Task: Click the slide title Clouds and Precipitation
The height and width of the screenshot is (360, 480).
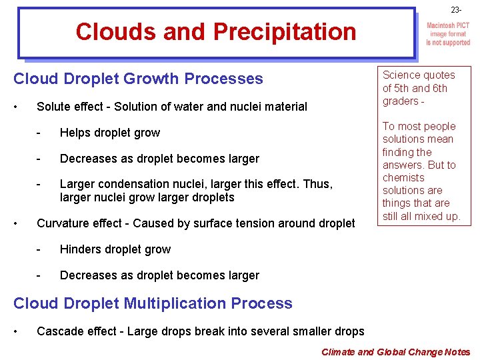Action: pyautogui.click(x=216, y=31)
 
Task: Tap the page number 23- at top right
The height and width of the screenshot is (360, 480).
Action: pyautogui.click(x=456, y=10)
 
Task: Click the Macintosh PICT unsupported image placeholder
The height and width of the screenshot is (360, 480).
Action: pyautogui.click(x=448, y=35)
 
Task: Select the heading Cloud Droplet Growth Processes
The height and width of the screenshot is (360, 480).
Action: pyautogui.click(x=139, y=79)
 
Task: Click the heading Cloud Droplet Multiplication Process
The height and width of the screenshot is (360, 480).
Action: pyautogui.click(x=153, y=303)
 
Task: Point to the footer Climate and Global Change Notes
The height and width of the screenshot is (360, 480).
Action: pyautogui.click(x=395, y=351)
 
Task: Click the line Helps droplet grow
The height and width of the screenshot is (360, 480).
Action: pyautogui.click(x=110, y=133)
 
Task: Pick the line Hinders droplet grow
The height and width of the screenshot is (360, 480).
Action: pyautogui.click(x=115, y=249)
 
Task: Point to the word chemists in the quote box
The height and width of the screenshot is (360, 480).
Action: pyautogui.click(x=403, y=178)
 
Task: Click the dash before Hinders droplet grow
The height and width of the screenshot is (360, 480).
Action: pyautogui.click(x=40, y=249)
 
